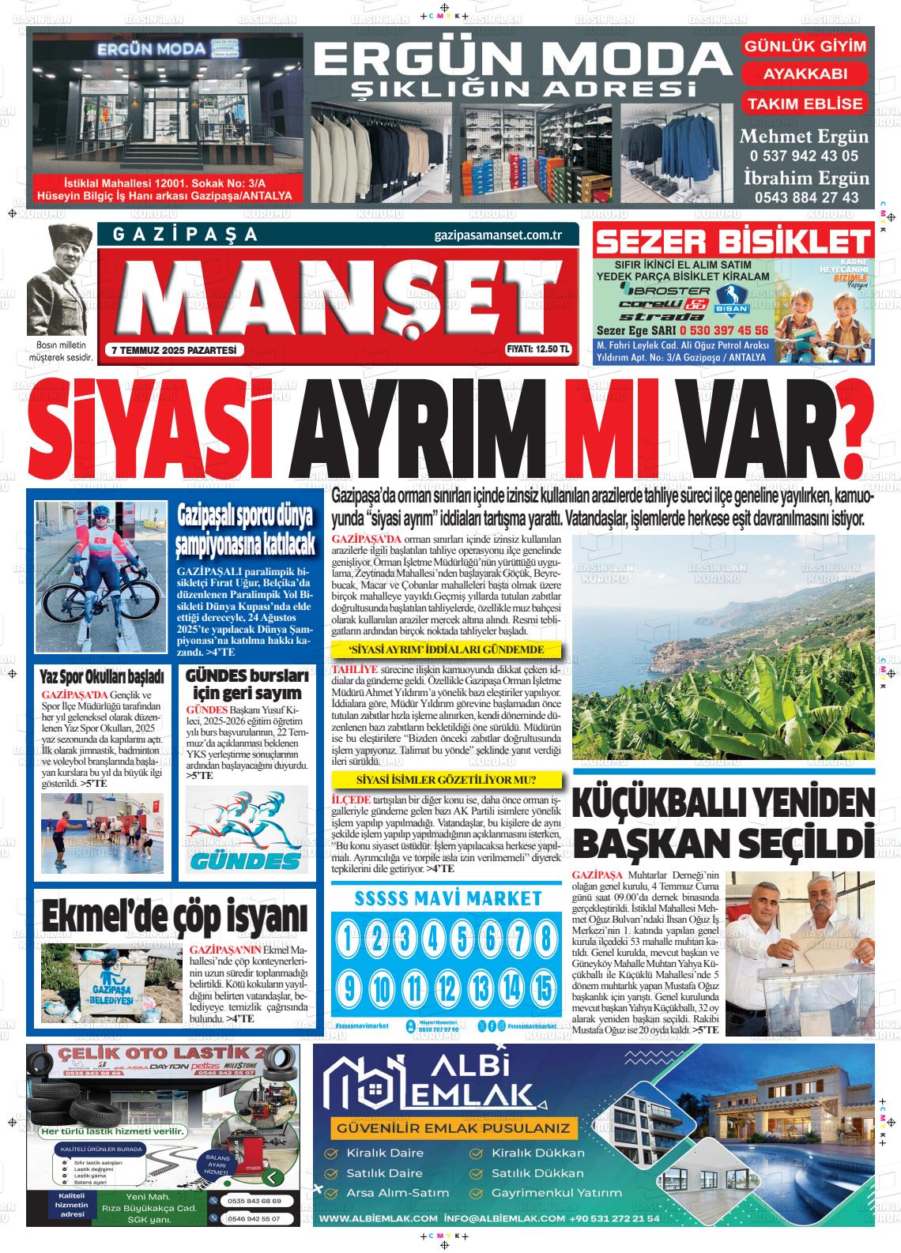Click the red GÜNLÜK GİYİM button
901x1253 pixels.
click(805, 47)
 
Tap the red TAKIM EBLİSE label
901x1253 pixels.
click(805, 103)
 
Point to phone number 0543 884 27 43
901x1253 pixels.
click(806, 198)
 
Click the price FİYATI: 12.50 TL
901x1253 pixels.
click(538, 351)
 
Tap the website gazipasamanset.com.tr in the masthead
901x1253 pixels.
click(498, 235)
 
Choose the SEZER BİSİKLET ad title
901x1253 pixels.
click(733, 241)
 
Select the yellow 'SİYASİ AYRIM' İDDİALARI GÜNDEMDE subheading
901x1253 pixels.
click(447, 650)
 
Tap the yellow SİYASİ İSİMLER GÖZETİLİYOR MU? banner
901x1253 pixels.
click(447, 780)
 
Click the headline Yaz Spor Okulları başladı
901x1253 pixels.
click(102, 677)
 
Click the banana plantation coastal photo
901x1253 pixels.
click(722, 647)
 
